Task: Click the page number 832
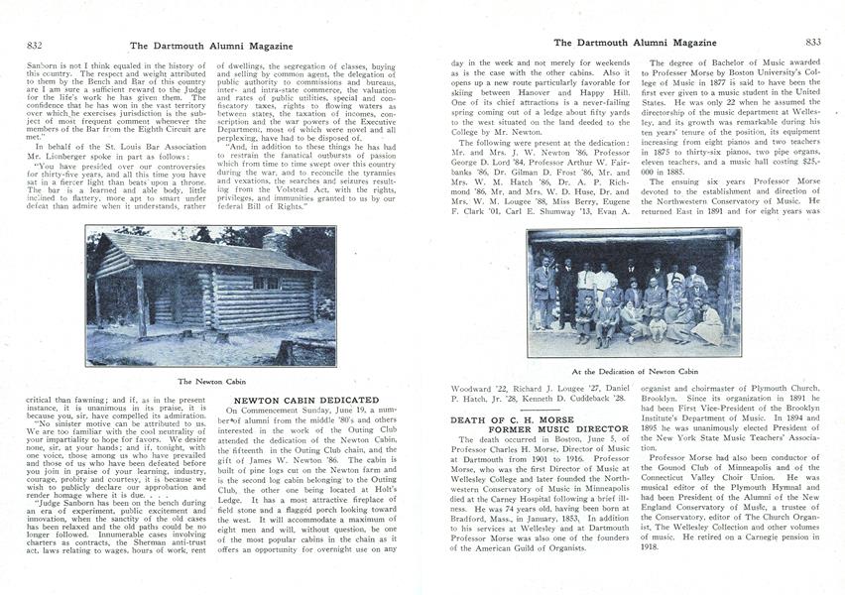pyautogui.click(x=34, y=45)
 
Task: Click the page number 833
pyautogui.click(x=813, y=42)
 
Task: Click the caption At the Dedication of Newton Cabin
pyautogui.click(x=635, y=371)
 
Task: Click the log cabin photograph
pyautogui.click(x=210, y=297)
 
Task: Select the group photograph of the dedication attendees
pyautogui.click(x=634, y=295)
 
